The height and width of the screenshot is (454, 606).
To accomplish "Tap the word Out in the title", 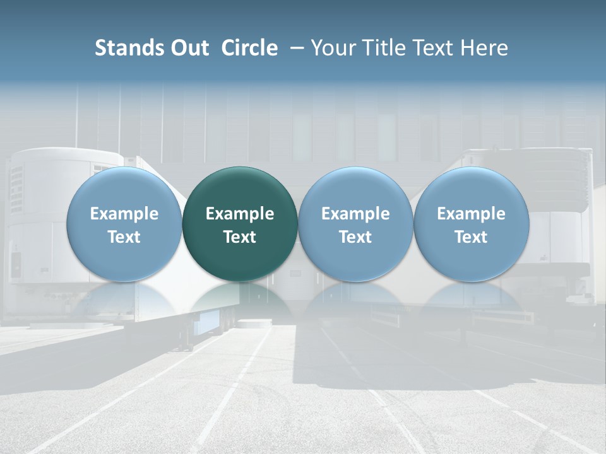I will [x=188, y=48].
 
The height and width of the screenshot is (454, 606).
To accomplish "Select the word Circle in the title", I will [x=249, y=48].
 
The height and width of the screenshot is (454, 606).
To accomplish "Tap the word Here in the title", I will [x=485, y=48].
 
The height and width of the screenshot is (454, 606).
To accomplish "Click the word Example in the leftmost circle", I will [x=124, y=214].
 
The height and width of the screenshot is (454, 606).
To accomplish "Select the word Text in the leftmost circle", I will [x=124, y=237].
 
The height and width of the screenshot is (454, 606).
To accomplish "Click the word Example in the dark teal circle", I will [x=240, y=214].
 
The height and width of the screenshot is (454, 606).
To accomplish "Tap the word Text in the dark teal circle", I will [x=240, y=237].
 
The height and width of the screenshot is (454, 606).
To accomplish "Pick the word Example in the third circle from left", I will [x=355, y=214].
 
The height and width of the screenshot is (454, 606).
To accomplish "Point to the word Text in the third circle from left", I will [x=355, y=237].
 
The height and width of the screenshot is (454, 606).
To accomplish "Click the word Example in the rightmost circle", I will [x=471, y=214].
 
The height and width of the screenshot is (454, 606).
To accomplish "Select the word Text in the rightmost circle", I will [x=471, y=237].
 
